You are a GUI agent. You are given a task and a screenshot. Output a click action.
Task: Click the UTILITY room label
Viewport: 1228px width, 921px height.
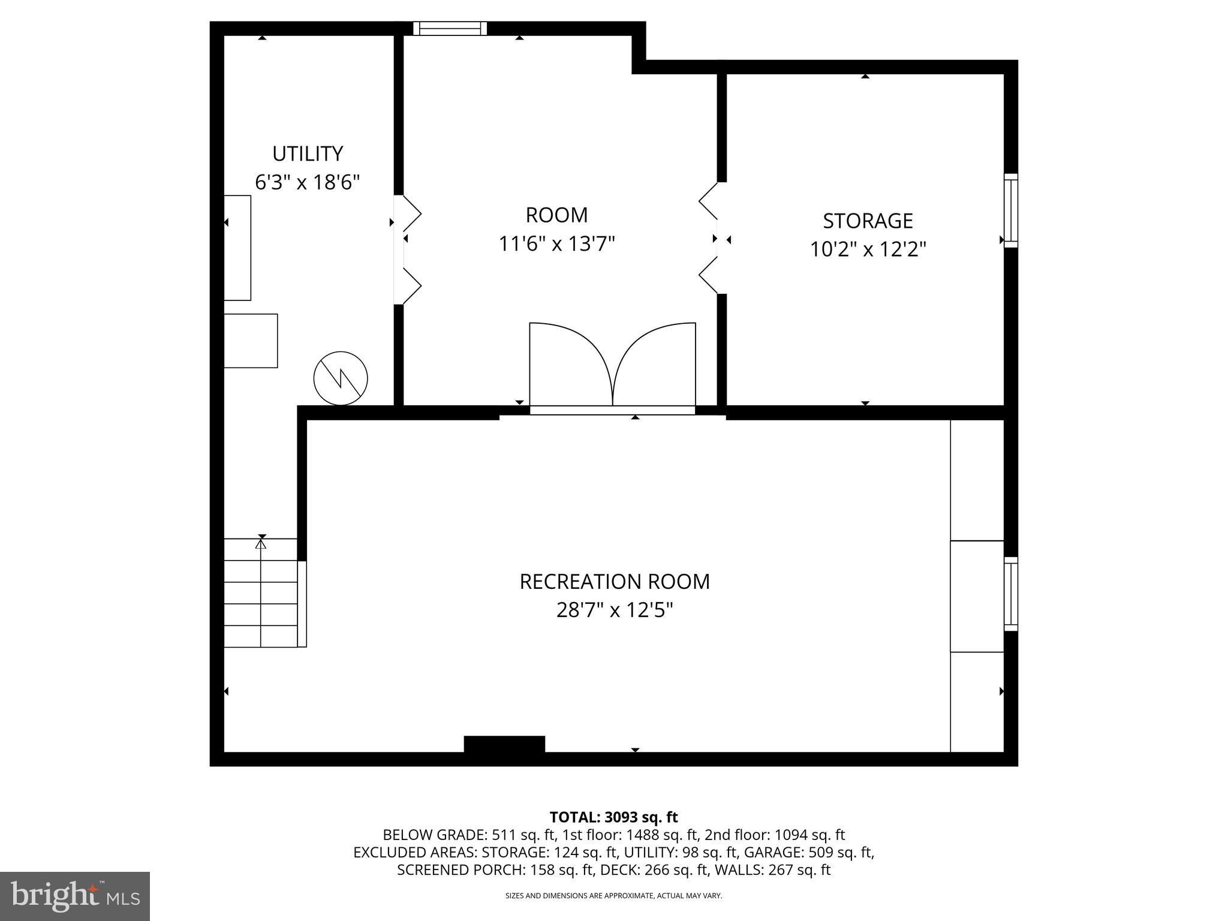click(x=308, y=154)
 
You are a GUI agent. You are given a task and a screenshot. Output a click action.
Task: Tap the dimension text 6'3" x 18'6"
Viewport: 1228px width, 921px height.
click(x=308, y=182)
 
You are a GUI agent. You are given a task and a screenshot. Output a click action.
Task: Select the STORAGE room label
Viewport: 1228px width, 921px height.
click(x=867, y=221)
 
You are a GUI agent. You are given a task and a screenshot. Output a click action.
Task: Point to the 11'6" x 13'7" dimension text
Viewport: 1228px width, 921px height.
click(x=557, y=244)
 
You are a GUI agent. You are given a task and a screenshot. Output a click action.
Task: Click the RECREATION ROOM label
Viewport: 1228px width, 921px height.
click(x=615, y=582)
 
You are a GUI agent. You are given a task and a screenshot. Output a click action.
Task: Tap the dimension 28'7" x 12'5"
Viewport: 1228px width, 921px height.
click(x=615, y=610)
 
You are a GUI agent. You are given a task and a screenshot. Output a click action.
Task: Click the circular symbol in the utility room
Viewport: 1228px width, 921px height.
click(x=341, y=378)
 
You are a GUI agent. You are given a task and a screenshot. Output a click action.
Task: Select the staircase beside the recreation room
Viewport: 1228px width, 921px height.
click(x=261, y=592)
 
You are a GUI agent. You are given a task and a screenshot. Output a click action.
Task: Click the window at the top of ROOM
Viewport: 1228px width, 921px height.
click(x=450, y=28)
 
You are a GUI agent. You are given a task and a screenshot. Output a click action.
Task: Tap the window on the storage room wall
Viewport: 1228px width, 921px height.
click(x=1011, y=210)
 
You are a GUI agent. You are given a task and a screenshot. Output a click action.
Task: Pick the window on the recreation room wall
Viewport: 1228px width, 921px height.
click(x=1011, y=594)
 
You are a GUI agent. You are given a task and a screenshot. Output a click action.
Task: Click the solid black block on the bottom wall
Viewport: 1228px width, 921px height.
click(x=504, y=744)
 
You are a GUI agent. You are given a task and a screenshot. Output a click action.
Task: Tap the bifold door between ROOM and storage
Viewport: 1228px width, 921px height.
click(x=710, y=238)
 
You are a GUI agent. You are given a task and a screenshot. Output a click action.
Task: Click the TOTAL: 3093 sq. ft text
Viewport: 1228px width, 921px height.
click(x=613, y=817)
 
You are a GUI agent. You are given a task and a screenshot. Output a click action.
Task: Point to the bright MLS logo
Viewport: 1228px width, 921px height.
click(x=75, y=896)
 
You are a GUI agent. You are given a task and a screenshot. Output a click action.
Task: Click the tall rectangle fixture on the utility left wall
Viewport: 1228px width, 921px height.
click(x=237, y=248)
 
